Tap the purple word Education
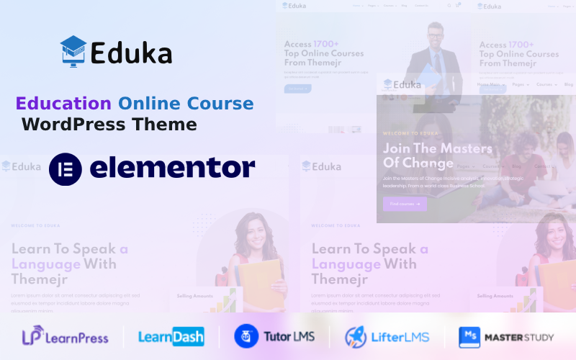click(x=63, y=103)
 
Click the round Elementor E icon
click(x=65, y=168)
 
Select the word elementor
click(x=173, y=168)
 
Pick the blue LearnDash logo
click(x=171, y=336)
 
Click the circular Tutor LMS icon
click(x=246, y=336)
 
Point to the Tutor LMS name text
click(x=289, y=336)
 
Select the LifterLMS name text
click(x=400, y=336)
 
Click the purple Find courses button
click(x=405, y=204)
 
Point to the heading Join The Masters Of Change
click(x=438, y=156)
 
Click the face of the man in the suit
click(x=434, y=35)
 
